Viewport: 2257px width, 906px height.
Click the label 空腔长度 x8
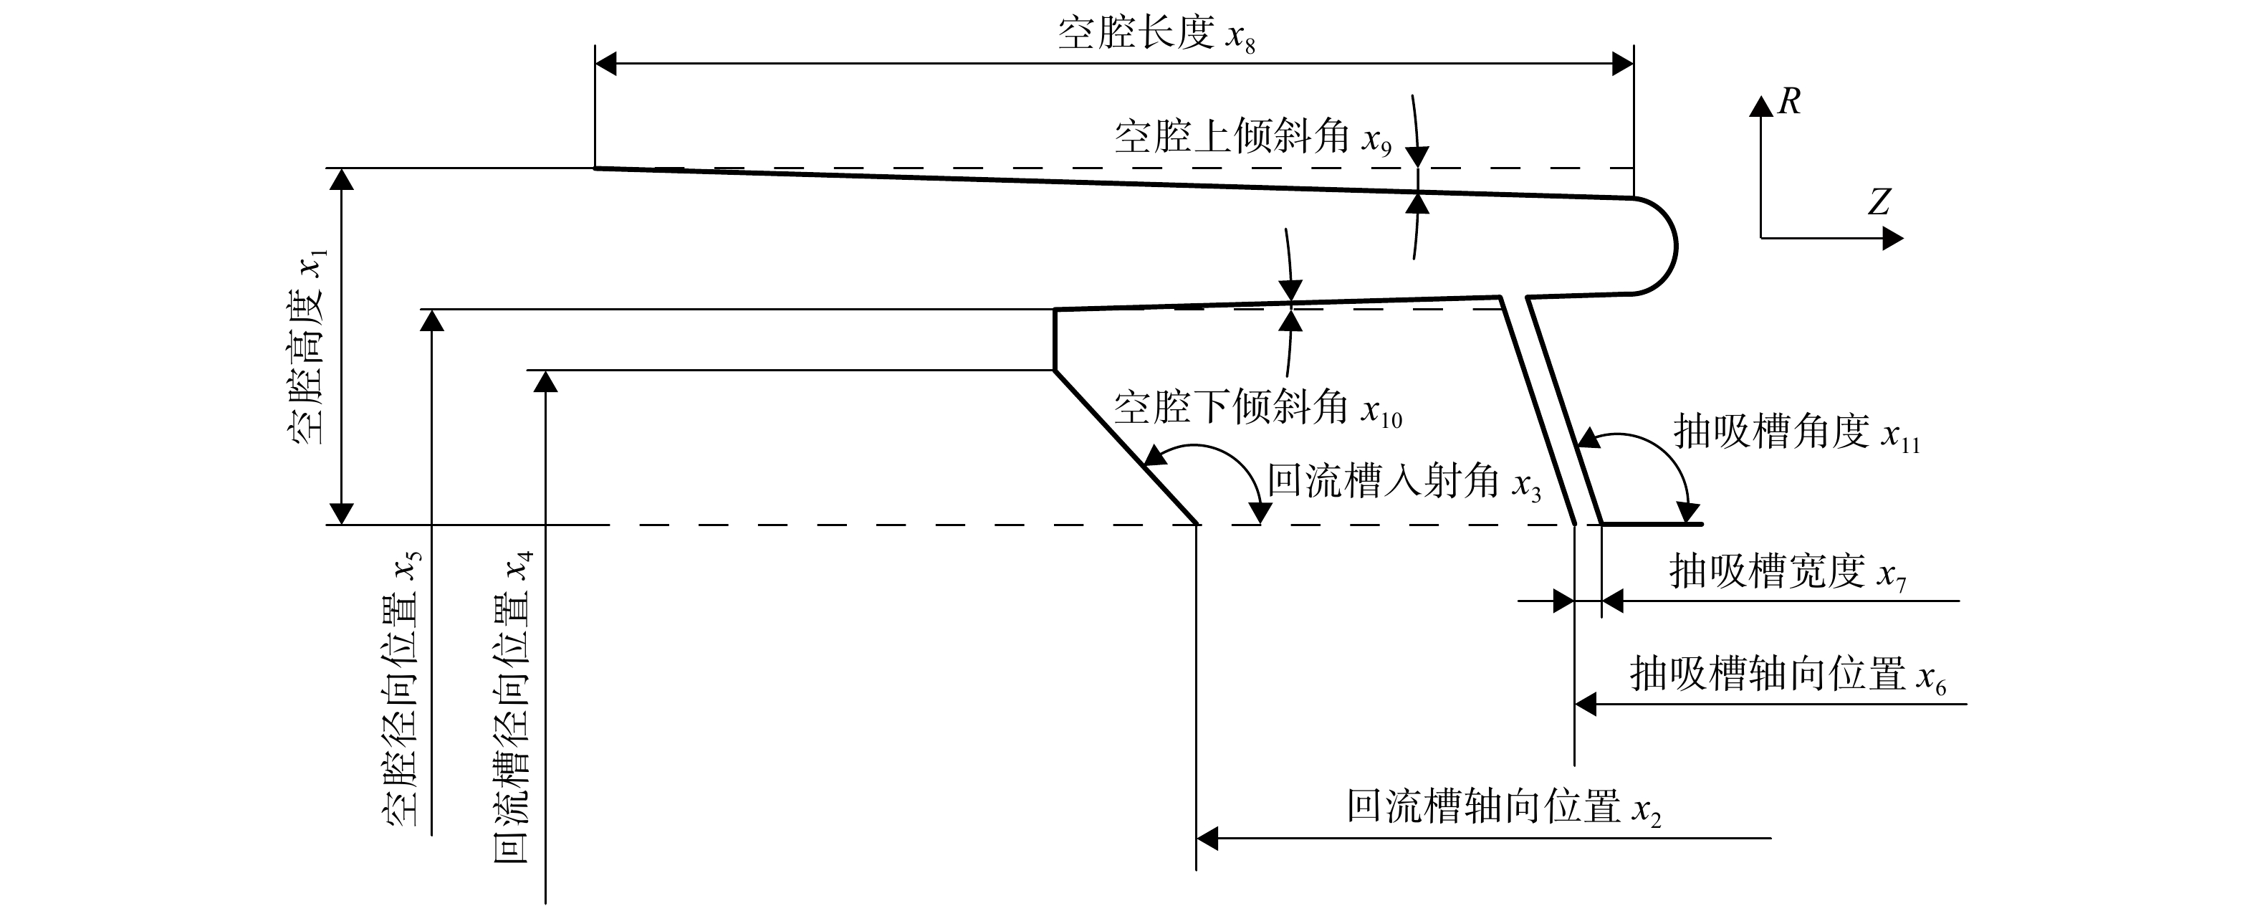(x=1156, y=35)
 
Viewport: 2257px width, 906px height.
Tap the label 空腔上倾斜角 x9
(x=1253, y=138)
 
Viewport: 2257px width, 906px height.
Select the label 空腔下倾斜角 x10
(x=1258, y=409)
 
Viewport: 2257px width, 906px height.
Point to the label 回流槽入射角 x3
(x=1404, y=482)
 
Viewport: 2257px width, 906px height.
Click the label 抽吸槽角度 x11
(x=1796, y=433)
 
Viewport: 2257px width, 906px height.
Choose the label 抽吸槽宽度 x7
(x=1788, y=573)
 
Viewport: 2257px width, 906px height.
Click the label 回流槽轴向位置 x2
(x=1503, y=807)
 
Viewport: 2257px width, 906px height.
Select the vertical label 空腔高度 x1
(x=307, y=347)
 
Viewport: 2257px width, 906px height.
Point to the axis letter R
(x=1789, y=102)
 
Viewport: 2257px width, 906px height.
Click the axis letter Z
(x=1878, y=202)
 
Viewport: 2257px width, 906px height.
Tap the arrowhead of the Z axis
(x=1892, y=237)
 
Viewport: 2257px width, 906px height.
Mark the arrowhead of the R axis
(x=1761, y=106)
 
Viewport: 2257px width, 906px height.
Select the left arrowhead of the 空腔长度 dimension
(x=605, y=63)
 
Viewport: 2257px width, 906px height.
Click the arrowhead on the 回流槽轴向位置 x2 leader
(x=1207, y=839)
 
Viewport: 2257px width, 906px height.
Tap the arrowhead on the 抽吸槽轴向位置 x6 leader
(x=1585, y=704)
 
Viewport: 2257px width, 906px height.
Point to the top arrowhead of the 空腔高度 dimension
(x=342, y=178)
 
